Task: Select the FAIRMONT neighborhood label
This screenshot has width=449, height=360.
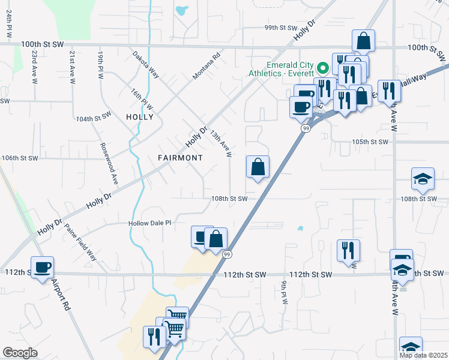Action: click(x=180, y=157)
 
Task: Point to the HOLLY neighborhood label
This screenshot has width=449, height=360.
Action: click(x=140, y=117)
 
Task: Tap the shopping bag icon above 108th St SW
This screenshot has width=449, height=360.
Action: click(x=258, y=167)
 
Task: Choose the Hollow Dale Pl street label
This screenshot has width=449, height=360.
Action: click(x=149, y=223)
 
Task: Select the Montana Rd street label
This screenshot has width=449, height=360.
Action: click(x=206, y=67)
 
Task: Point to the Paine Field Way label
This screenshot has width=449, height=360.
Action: click(x=80, y=241)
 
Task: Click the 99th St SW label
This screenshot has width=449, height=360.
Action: click(x=282, y=28)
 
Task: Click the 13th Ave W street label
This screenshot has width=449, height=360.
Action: click(x=220, y=145)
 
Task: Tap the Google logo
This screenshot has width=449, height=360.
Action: click(x=20, y=353)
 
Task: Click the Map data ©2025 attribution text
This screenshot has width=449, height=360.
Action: click(x=423, y=355)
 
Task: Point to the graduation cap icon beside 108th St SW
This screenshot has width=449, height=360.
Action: click(x=422, y=178)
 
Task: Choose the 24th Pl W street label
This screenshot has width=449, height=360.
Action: click(x=10, y=25)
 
